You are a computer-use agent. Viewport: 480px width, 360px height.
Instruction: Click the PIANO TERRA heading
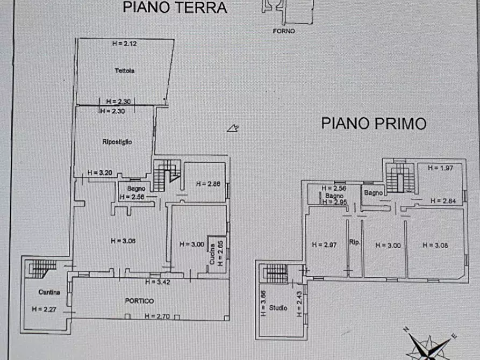(x=175, y=8)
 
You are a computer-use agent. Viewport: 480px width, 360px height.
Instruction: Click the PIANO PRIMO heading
(x=374, y=124)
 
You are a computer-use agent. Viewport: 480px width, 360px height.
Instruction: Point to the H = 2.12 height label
(x=124, y=44)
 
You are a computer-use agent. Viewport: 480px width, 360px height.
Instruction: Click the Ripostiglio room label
(x=117, y=142)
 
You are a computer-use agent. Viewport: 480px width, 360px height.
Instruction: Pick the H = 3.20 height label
(x=100, y=173)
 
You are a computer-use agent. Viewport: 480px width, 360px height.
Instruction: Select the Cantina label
(x=49, y=292)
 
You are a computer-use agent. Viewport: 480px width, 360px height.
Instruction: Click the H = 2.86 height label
(x=209, y=184)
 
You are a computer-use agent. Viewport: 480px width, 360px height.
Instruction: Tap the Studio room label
(x=279, y=308)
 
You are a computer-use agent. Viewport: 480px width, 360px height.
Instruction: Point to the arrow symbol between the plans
(x=233, y=128)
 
